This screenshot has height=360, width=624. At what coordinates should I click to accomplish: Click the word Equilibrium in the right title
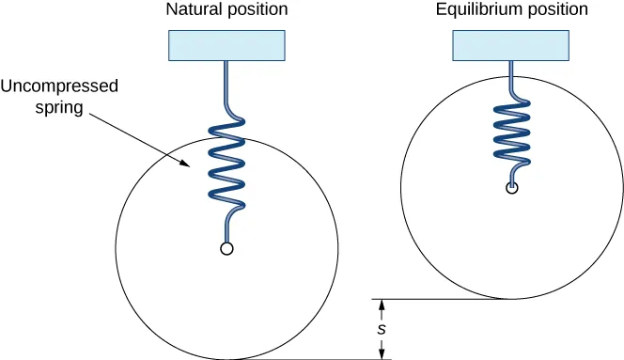point(476,10)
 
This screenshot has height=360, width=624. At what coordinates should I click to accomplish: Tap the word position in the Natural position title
point(256,10)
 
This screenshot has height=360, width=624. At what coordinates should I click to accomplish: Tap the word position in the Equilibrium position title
point(555,10)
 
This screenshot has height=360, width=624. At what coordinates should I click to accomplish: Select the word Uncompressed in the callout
point(58,86)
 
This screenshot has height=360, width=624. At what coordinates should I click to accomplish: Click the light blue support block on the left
point(226,45)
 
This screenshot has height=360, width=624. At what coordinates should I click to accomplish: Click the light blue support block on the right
point(510,45)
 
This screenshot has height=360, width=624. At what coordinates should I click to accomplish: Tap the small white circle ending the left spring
point(226,248)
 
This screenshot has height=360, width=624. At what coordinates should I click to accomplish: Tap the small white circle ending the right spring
point(511,188)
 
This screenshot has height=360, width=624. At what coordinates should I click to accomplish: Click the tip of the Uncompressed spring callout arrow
point(191,170)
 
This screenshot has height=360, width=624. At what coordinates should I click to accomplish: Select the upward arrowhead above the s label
point(381,304)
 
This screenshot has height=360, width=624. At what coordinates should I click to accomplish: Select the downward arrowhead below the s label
point(381,354)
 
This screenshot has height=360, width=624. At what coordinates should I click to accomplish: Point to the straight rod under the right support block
point(510,71)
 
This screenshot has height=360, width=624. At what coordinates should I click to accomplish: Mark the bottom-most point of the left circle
point(226,359)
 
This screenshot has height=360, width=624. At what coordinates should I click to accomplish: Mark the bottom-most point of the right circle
point(511,299)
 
